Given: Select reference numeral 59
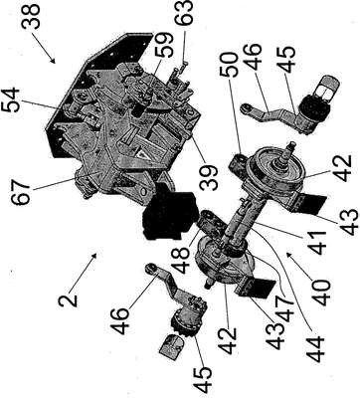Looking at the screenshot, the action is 165,44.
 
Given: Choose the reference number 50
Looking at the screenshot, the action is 230,65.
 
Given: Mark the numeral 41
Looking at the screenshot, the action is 317,243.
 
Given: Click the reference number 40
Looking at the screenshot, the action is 322,293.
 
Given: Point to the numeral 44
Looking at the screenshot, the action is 314,348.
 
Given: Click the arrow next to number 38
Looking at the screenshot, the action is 44,50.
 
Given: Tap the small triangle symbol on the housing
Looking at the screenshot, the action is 140,153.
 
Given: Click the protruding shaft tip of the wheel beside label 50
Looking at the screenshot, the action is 292,145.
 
